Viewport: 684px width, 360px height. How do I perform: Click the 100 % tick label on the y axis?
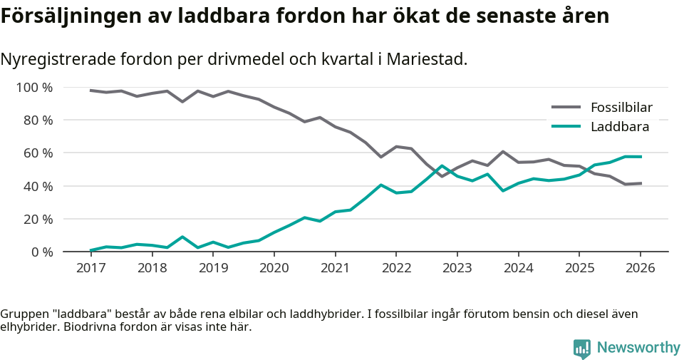point(34,88)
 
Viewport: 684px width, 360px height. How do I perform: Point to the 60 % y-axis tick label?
point(38,153)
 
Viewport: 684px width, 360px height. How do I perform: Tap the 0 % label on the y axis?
point(41,252)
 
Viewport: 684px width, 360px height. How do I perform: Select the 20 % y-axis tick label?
point(38,219)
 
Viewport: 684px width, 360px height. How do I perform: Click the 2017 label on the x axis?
point(90,268)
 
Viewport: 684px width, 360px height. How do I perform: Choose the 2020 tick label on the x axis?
point(274,268)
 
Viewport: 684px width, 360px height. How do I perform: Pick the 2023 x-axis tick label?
point(457,268)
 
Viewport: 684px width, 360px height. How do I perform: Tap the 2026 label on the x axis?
point(640,268)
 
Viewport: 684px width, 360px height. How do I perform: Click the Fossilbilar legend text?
point(621,108)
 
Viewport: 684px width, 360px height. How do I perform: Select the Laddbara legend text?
point(619,127)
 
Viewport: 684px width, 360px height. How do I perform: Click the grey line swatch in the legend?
point(566,108)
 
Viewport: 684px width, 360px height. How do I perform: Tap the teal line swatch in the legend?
point(566,127)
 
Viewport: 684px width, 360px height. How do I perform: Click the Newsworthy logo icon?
point(581,348)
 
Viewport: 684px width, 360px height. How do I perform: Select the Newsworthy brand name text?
point(638,348)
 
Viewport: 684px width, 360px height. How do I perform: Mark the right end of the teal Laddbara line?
point(641,156)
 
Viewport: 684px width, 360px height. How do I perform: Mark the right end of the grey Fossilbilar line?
point(641,183)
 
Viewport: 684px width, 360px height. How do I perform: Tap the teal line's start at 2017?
point(90,250)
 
